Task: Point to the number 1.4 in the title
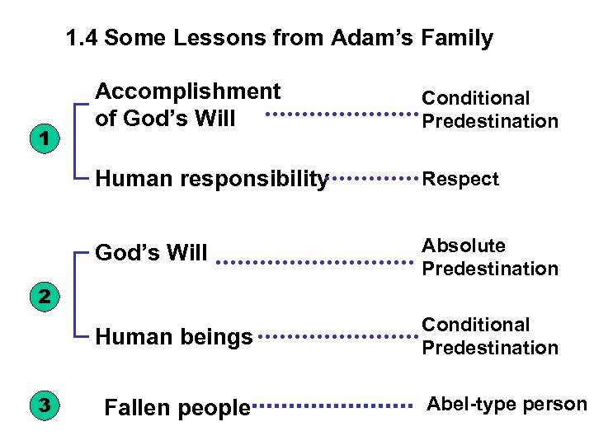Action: (82, 38)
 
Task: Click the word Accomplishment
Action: (188, 91)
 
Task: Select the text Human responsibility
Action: (212, 179)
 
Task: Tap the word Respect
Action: (460, 179)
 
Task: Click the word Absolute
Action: (464, 246)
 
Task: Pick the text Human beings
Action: (174, 336)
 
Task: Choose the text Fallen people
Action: (177, 407)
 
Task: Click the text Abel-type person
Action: (507, 404)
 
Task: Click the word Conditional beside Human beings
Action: (476, 325)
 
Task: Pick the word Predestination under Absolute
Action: (490, 269)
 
